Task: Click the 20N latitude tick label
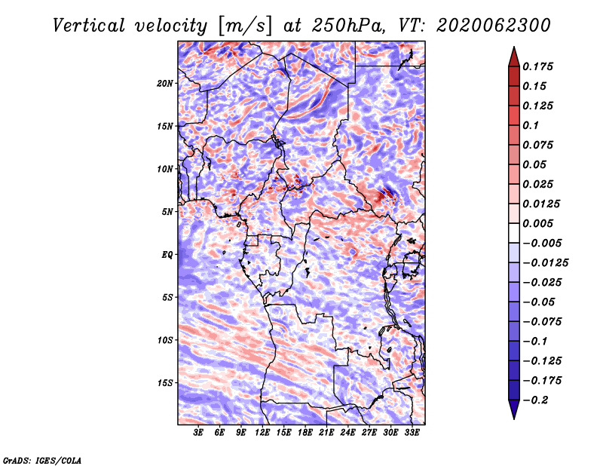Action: tap(164, 84)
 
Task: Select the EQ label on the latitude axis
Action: tap(167, 255)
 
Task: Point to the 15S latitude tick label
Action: tap(165, 383)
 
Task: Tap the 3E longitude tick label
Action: tap(198, 433)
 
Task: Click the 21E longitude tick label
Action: tap(326, 433)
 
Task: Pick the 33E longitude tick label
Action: tap(412, 433)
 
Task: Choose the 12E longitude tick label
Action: tap(262, 433)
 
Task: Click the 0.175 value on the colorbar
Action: tap(537, 66)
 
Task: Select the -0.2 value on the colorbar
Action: tap(536, 400)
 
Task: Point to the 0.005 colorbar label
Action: tap(537, 223)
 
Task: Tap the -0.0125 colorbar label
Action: tap(546, 263)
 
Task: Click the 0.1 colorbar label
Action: tap(531, 125)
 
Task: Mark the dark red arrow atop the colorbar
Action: tap(514, 57)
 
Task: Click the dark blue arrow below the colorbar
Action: tap(514, 409)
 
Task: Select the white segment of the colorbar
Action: tap(514, 233)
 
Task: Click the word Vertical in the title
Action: tap(89, 26)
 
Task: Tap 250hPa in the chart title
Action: tap(348, 26)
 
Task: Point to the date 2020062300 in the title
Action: tap(494, 26)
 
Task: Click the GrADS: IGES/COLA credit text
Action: tap(42, 461)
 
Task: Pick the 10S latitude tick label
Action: tap(165, 340)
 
